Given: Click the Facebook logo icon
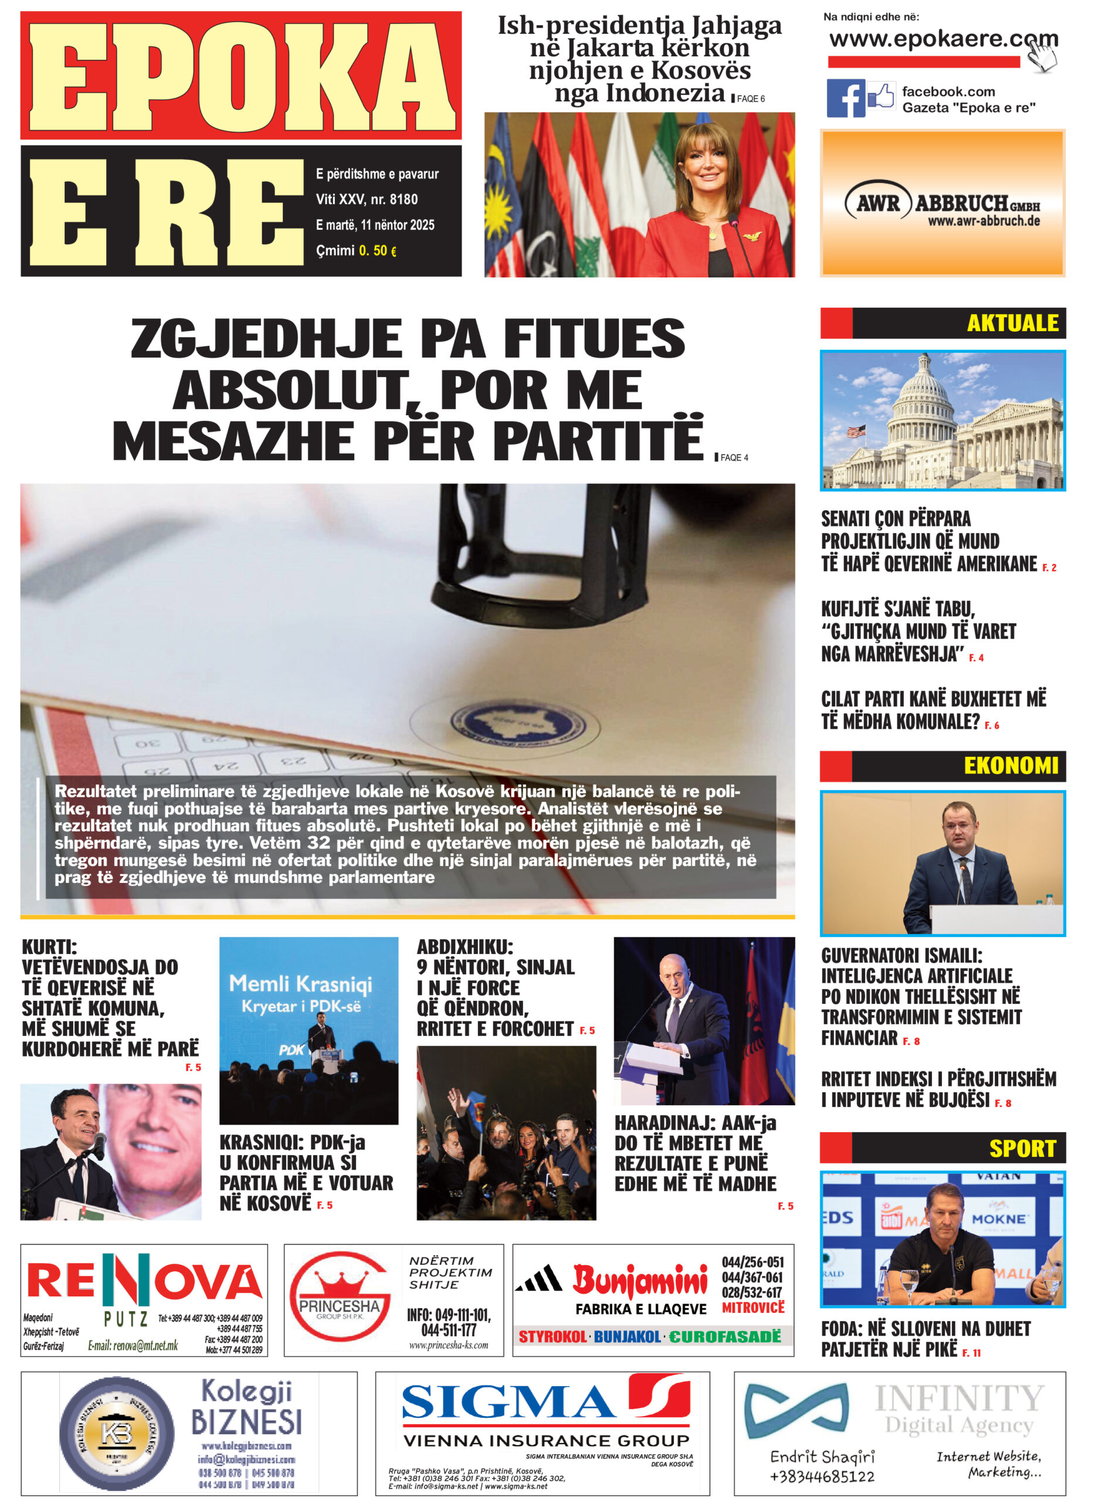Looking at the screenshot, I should coord(845,98).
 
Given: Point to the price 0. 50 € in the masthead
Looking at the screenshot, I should coord(377,250).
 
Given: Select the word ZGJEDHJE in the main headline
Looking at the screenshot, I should coord(265,339).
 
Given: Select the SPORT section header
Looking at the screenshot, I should coord(1022,1149).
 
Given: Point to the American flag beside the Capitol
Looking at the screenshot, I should coord(856,432).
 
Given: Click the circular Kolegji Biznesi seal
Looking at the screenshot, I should coord(117,1434).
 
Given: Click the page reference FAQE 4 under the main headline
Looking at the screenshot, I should coord(733,457).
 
